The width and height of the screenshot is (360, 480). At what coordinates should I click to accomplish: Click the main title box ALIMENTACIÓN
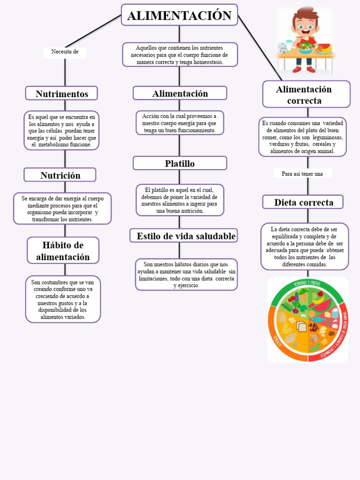tap(179, 15)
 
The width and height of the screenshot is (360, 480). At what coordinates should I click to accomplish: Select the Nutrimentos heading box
tap(61, 94)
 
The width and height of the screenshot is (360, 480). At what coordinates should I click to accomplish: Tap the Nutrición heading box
tap(60, 175)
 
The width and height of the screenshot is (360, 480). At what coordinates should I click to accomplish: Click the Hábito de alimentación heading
tap(63, 251)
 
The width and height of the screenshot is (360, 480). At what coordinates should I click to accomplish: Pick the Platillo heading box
tap(180, 164)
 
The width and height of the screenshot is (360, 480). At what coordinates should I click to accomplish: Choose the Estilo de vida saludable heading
tap(184, 236)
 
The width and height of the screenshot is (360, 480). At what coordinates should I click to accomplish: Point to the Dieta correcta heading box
tap(303, 202)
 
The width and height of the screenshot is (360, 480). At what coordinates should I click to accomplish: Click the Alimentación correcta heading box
tap(306, 95)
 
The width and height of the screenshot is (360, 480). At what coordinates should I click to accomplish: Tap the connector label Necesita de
tap(65, 52)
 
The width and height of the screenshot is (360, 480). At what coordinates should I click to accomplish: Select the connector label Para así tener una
tap(302, 174)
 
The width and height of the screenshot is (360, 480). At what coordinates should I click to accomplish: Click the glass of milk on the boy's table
tap(289, 46)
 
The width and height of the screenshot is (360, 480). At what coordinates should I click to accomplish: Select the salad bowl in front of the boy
tap(305, 47)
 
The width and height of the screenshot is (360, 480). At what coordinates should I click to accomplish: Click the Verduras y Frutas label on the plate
tap(307, 283)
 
